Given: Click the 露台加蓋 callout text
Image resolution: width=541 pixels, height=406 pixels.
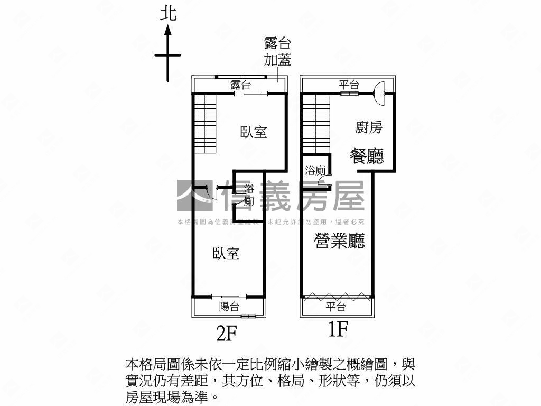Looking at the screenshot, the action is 277,51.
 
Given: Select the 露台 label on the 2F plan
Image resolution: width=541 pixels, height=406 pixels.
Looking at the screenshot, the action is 241,85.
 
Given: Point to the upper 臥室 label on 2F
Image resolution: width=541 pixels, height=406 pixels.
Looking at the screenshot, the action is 254,132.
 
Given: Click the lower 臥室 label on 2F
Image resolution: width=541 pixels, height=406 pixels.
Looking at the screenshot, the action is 226,253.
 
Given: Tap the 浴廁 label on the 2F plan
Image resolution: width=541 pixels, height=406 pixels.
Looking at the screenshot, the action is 249,195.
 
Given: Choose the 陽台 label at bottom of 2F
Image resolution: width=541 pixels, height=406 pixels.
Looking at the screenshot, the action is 229,306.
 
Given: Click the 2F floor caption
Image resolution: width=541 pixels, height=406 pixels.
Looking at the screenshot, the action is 226,333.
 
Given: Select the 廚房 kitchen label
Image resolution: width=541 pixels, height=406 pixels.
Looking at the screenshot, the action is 369,127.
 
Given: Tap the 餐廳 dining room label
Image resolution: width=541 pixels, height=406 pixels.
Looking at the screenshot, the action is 367,156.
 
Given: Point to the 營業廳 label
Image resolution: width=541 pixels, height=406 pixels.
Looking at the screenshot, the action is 339,241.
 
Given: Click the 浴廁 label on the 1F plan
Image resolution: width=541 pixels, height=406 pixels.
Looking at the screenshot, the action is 315,170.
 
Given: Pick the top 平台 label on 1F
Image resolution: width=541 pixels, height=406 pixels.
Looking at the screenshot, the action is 349,84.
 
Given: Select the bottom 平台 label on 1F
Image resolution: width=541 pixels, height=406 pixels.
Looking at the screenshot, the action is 335,306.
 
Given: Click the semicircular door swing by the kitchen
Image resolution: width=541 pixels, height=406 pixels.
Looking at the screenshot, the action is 379,93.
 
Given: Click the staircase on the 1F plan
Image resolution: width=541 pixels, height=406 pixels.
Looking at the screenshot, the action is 316,124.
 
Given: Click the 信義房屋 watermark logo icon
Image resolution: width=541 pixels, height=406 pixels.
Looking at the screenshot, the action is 195,196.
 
